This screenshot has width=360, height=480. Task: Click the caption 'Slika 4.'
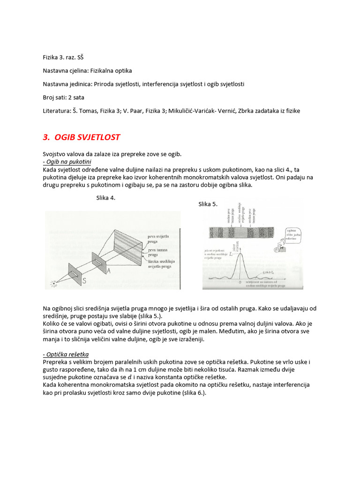tap(105, 198)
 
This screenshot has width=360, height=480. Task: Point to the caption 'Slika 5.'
tap(208, 204)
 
